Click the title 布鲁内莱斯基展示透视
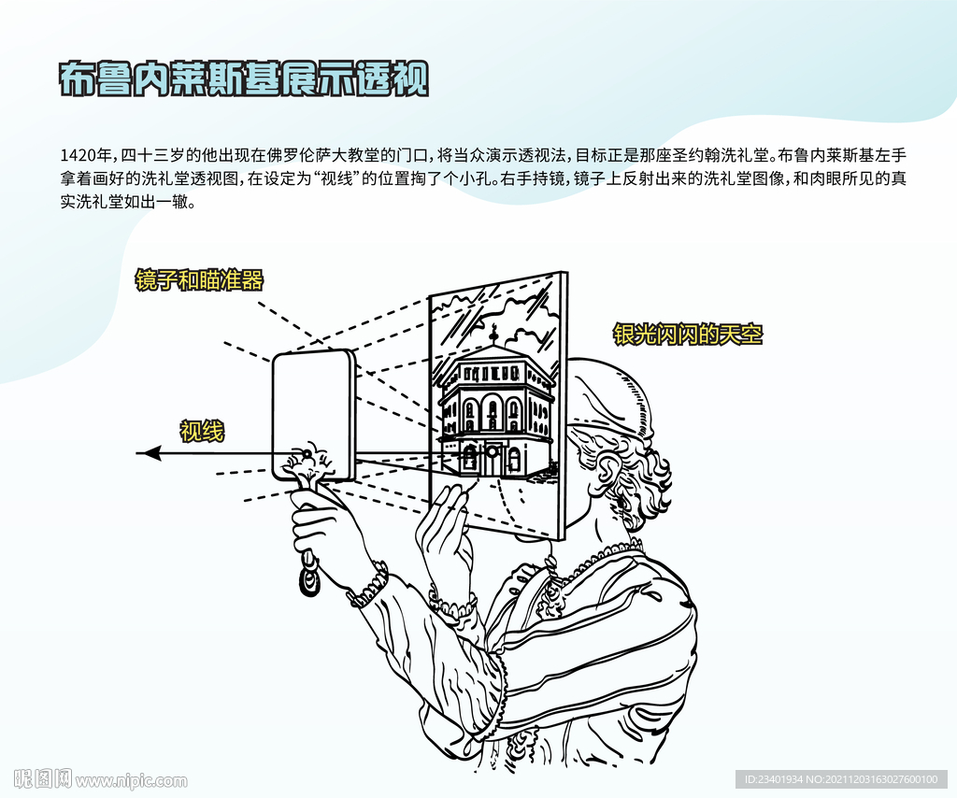point(244,78)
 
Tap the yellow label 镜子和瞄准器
point(200,280)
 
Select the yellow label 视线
point(202,432)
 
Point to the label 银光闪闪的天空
point(688,335)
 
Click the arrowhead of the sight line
point(149,453)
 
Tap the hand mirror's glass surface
point(311,408)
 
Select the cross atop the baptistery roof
point(494,333)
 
